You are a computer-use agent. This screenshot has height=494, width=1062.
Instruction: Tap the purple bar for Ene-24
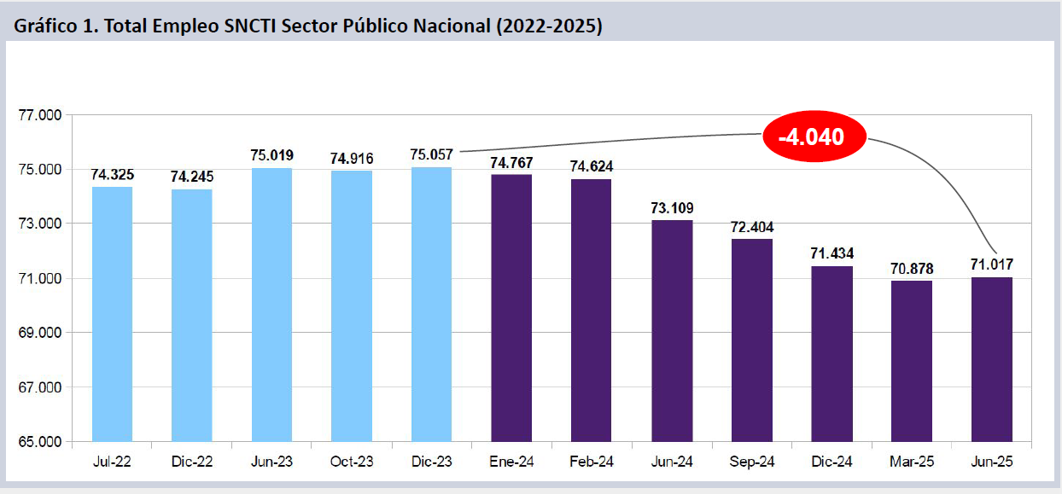tap(511, 308)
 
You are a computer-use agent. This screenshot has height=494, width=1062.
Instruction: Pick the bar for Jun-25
tap(992, 359)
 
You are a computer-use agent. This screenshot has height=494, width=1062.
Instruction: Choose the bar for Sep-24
tap(752, 340)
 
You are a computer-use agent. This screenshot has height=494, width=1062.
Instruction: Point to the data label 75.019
tap(272, 155)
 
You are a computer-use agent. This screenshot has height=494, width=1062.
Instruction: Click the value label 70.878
tap(913, 269)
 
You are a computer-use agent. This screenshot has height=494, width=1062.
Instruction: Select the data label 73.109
tap(672, 207)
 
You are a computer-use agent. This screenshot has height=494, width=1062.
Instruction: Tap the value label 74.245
tap(192, 177)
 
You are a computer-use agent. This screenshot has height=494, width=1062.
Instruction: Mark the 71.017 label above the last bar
tap(992, 264)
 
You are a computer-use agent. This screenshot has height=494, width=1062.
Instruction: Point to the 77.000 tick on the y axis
tap(40, 115)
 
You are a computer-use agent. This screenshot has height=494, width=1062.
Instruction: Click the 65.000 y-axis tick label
tap(40, 442)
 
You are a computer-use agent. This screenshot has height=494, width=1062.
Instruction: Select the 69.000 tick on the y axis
tap(40, 333)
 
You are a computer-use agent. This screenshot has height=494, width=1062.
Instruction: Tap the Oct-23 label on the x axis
tap(352, 462)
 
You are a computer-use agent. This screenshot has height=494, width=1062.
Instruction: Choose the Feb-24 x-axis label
tap(592, 462)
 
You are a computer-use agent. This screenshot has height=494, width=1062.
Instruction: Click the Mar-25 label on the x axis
tap(912, 462)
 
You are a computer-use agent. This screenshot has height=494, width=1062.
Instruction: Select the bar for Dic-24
tap(832, 354)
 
